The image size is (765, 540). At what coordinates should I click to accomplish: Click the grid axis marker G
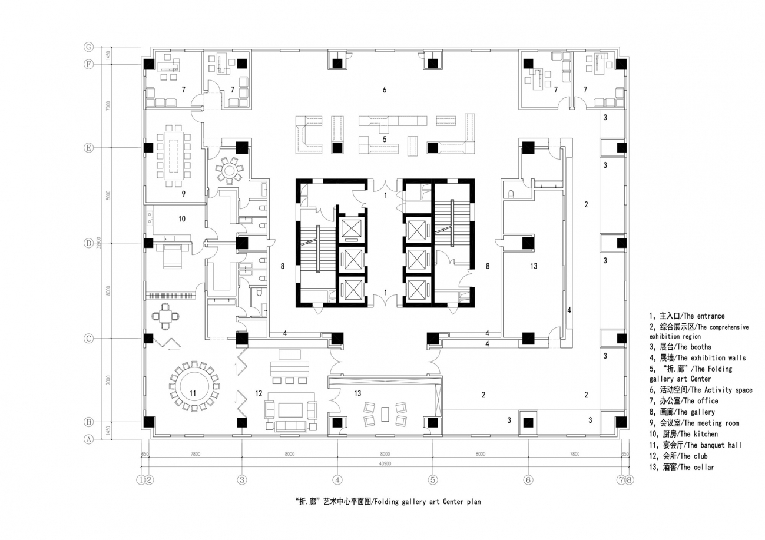[89, 47]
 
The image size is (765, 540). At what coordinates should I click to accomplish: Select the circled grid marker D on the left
[89, 243]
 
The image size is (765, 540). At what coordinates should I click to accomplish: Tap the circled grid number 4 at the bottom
[337, 479]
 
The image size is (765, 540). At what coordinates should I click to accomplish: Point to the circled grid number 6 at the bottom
[528, 479]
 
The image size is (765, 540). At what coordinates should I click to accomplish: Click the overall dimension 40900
[385, 464]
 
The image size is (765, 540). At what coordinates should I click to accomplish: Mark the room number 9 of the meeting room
[184, 193]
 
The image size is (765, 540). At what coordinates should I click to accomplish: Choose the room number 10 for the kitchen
[181, 218]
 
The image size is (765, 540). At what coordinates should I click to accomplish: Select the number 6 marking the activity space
[384, 90]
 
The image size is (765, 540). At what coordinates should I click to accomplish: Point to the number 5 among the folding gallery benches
[384, 139]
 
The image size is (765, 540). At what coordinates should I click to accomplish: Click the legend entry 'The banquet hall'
[691, 445]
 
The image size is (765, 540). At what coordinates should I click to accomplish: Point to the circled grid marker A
[89, 439]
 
